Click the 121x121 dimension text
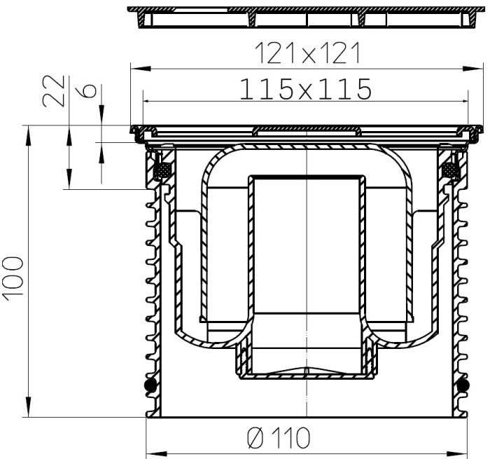click(x=308, y=53)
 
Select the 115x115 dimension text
click(x=306, y=89)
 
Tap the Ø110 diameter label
click(x=279, y=438)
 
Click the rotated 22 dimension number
click(x=54, y=90)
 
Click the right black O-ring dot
click(x=463, y=385)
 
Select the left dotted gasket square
click(x=162, y=170)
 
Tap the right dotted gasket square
click(x=451, y=170)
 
